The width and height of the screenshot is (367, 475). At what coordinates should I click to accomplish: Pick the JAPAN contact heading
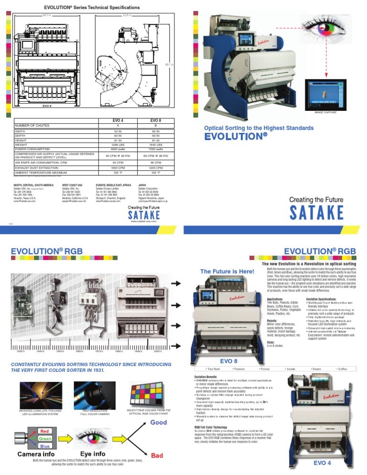[x=142, y=184]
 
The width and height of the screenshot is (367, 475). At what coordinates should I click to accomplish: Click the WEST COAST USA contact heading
[x=72, y=184]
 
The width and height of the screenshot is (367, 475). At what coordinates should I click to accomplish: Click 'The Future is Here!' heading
[x=227, y=271]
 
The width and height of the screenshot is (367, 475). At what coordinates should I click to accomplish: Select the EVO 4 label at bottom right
[x=323, y=463]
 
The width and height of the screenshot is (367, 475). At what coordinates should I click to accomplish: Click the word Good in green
[x=159, y=423]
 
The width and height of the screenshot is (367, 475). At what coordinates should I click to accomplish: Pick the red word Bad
[x=157, y=456]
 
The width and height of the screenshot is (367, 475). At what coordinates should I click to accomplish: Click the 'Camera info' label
[x=35, y=453]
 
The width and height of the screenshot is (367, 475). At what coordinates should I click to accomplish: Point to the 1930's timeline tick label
[x=21, y=351]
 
